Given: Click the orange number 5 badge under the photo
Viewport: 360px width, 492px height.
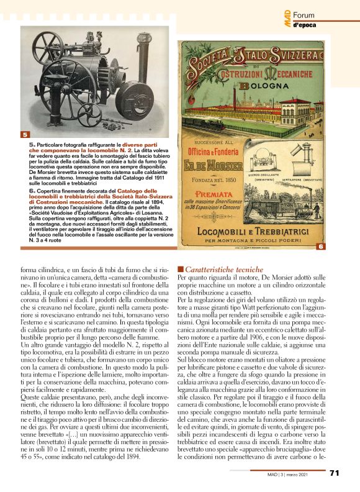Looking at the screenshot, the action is coord(24,134).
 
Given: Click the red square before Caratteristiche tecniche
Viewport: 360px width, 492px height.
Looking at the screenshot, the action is coord(181,270).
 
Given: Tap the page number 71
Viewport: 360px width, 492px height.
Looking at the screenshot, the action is coord(334,473).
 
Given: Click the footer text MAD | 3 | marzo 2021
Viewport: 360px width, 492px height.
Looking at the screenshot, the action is coord(301,474).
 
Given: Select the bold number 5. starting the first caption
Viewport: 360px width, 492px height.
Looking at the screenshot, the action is coord(32,144).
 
